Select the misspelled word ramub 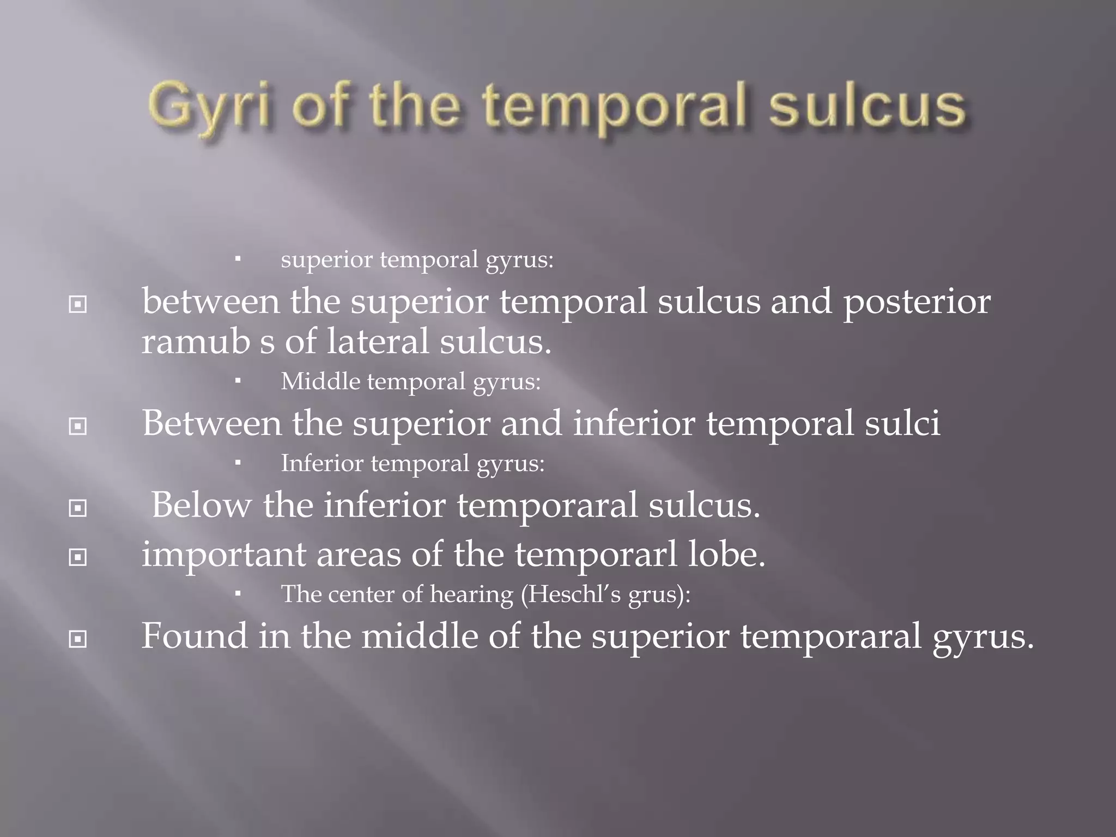tap(196, 342)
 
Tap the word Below tap(201, 505)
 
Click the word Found tap(194, 635)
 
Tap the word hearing tap(471, 595)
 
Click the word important tap(223, 555)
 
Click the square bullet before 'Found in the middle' tap(78, 639)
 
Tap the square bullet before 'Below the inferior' tap(78, 508)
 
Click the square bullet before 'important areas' tap(78, 557)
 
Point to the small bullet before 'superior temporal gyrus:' tap(238, 260)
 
